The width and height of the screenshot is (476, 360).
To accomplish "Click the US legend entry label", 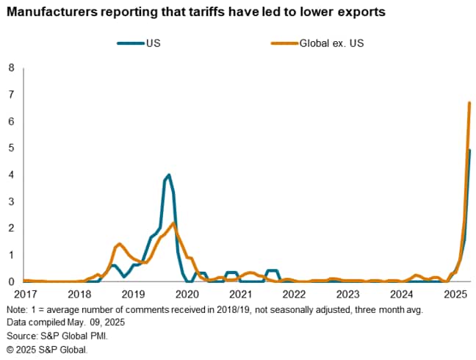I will click(x=154, y=43).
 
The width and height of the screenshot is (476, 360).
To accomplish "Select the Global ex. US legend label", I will click(x=331, y=43).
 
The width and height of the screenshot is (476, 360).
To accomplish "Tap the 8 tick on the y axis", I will click(x=11, y=68).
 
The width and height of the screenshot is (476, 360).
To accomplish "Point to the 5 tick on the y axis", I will click(x=11, y=148).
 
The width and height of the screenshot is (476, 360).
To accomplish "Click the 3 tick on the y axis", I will click(x=11, y=201).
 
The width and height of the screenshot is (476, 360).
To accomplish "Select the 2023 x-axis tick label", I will click(x=348, y=294).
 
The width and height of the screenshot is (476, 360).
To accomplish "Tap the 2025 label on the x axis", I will click(x=456, y=294).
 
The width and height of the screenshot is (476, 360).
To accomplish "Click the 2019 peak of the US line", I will click(x=169, y=175).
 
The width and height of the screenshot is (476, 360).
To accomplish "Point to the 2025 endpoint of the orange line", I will click(x=469, y=103).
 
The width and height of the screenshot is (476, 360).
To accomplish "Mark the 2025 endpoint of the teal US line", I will click(x=469, y=151).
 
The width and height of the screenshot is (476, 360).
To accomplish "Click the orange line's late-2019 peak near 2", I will click(x=173, y=223).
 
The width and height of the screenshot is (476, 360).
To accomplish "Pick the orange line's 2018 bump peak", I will click(x=119, y=243).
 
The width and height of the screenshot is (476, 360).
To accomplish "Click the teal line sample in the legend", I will click(x=131, y=43).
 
